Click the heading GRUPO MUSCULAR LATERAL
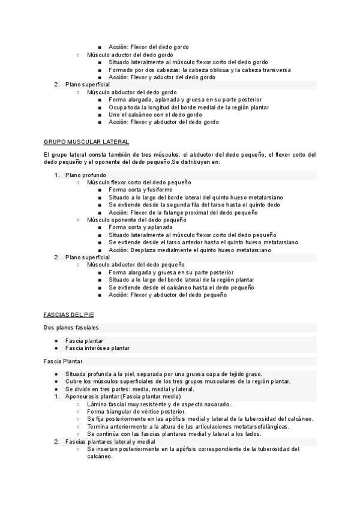click(x=86, y=142)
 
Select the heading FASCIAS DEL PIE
click(x=69, y=314)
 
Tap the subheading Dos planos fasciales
click(x=71, y=327)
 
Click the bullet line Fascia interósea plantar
click(x=97, y=348)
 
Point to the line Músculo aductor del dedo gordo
click(x=130, y=55)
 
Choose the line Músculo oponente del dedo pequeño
click(x=136, y=220)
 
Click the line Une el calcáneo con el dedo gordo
click(x=155, y=115)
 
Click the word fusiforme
click(x=157, y=190)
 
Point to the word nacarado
click(x=218, y=405)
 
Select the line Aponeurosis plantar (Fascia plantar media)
click(x=123, y=397)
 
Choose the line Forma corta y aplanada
click(x=140, y=227)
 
